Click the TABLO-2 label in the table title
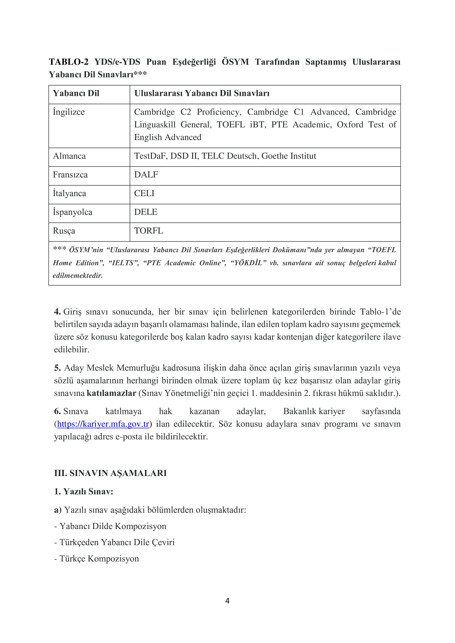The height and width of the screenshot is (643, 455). [69, 62]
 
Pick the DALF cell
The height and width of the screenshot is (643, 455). [146, 175]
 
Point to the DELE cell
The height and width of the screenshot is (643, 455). [145, 212]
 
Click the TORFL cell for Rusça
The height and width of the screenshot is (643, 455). [149, 231]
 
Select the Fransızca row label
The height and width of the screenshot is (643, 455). [70, 175]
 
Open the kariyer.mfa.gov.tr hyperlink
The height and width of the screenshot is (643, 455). [103, 424]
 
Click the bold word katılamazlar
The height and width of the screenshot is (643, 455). [111, 393]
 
